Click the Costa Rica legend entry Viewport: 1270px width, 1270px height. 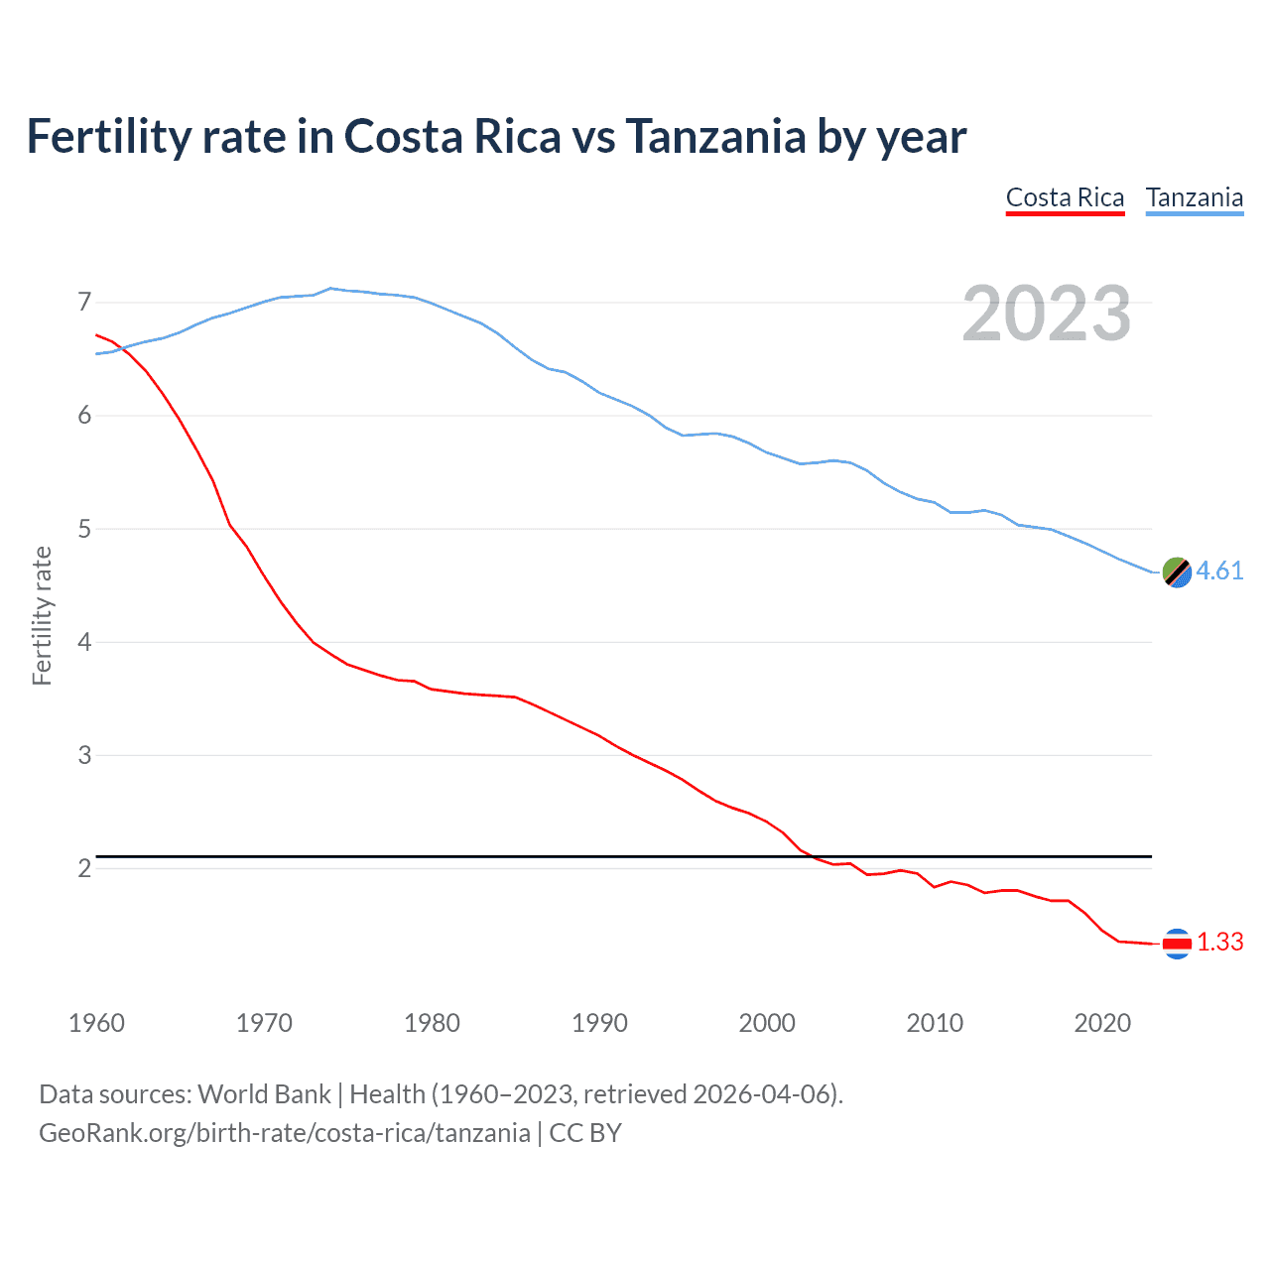[1065, 197]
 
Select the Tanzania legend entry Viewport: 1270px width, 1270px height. [1194, 197]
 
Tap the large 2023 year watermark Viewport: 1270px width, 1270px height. [1046, 314]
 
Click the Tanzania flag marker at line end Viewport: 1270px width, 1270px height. [1176, 572]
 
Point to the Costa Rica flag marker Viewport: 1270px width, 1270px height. [1176, 944]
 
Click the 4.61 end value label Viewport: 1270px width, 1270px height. [1219, 571]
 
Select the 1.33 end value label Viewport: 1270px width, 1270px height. [1219, 942]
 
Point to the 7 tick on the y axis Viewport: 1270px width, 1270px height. [84, 302]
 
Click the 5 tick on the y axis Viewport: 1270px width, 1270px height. [84, 529]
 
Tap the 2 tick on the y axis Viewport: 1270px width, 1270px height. [84, 869]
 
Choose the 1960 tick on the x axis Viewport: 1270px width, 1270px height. [96, 1023]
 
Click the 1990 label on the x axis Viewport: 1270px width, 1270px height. [599, 1023]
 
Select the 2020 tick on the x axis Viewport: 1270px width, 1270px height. [1102, 1023]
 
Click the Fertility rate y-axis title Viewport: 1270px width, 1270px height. [42, 615]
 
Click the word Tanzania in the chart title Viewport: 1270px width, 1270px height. [714, 137]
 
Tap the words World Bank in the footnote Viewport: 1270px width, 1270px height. [264, 1094]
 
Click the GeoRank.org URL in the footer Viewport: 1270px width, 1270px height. [284, 1133]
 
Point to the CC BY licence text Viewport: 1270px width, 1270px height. [585, 1133]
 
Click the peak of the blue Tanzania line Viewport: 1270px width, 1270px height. [330, 288]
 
